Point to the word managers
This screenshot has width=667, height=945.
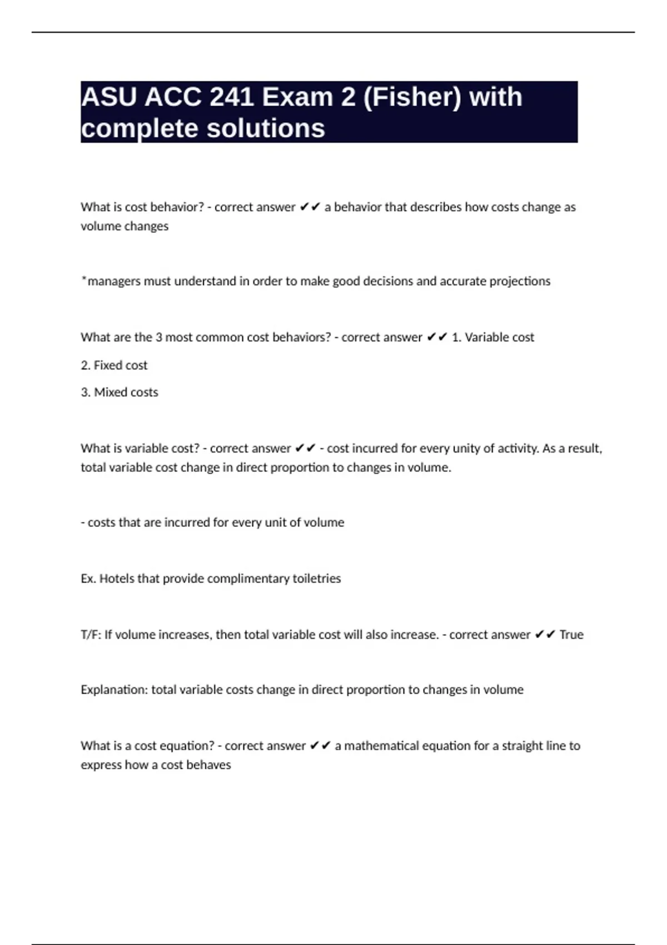114,281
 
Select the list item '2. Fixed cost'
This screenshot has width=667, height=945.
114,365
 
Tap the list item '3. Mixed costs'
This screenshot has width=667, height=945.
120,392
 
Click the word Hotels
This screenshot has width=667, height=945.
117,579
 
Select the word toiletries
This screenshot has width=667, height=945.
316,579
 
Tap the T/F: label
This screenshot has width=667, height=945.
91,635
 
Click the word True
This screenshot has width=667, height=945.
571,635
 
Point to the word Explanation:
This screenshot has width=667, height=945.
115,690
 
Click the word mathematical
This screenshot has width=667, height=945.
382,746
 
